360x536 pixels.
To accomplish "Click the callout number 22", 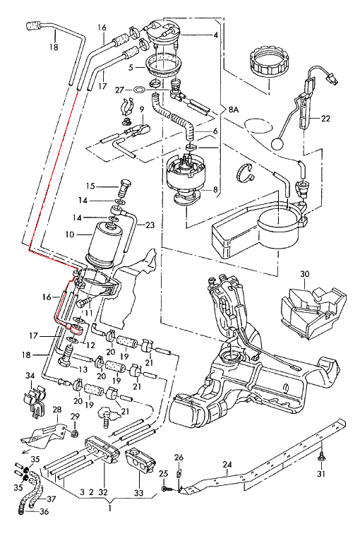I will (x=325, y=119).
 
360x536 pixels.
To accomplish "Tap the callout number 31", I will (x=322, y=474).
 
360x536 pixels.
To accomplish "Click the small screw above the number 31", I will (x=322, y=458).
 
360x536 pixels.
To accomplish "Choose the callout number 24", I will (x=227, y=464).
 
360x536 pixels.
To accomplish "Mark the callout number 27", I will (x=119, y=90).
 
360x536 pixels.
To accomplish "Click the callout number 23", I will (x=150, y=226).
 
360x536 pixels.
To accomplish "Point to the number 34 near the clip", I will (x=30, y=375).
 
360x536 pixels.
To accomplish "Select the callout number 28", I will (x=57, y=410).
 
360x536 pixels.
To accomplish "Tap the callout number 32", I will (x=103, y=492).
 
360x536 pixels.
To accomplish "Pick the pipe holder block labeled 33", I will (x=139, y=463).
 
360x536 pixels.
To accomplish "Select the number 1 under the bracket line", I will (x=109, y=506).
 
